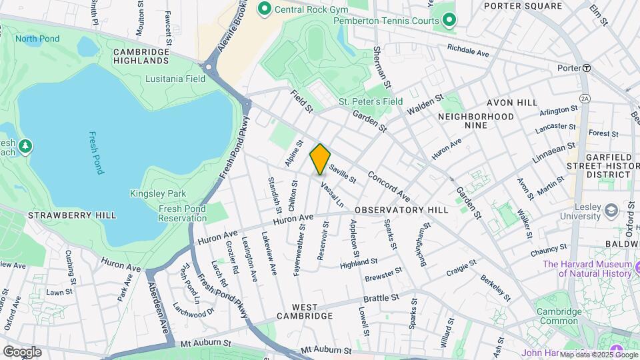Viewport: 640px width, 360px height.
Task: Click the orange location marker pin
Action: [320, 159]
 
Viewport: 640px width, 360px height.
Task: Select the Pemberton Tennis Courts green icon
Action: [449, 21]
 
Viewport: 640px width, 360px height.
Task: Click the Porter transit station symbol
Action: [587, 68]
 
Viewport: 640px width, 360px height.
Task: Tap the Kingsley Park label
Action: [153, 194]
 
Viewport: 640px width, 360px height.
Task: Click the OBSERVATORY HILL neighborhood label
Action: [401, 210]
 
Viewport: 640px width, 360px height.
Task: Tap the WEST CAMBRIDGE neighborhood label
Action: [304, 315]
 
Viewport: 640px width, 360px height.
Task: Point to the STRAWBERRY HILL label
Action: [72, 215]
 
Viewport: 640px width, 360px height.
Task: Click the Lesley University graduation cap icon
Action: [610, 211]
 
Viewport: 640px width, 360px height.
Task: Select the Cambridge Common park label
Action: [559, 316]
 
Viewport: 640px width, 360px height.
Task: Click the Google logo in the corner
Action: [21, 351]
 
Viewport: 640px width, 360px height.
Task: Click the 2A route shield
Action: [585, 99]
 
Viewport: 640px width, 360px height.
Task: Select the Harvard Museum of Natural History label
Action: [587, 269]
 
